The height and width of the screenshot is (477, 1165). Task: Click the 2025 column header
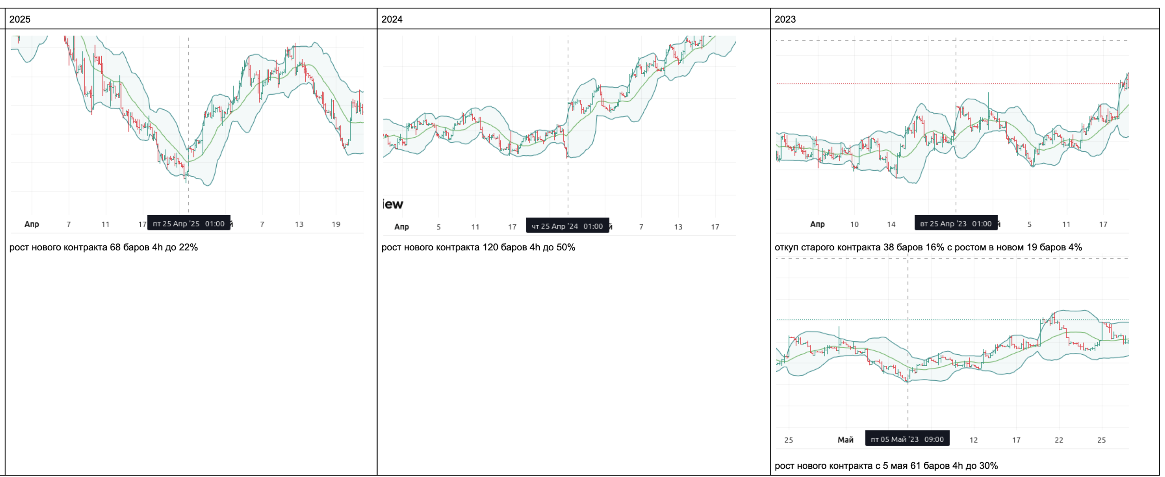(x=20, y=19)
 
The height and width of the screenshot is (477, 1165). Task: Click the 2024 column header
(x=392, y=19)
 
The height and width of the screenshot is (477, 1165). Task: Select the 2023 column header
(x=785, y=19)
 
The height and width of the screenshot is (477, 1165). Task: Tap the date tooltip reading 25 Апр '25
(x=188, y=223)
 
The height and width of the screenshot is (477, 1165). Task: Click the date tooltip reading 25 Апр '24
(x=567, y=226)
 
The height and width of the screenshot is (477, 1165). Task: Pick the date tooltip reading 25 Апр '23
(x=956, y=223)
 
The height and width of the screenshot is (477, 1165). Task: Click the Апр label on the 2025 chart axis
(x=32, y=224)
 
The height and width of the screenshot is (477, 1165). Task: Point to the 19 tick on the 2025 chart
(x=336, y=224)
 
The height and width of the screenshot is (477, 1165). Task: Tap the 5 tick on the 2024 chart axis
(x=438, y=227)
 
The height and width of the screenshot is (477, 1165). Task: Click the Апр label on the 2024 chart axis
(x=401, y=227)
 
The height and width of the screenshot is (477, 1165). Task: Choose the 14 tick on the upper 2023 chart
(x=891, y=224)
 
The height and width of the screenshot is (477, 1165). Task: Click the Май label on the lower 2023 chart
(x=845, y=440)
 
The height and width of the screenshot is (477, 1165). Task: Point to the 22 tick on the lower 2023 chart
(x=1059, y=440)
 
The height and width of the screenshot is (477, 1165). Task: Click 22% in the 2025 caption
(x=188, y=247)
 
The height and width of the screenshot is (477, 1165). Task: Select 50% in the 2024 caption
(x=565, y=247)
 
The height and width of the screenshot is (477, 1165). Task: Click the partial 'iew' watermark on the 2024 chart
(x=393, y=204)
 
